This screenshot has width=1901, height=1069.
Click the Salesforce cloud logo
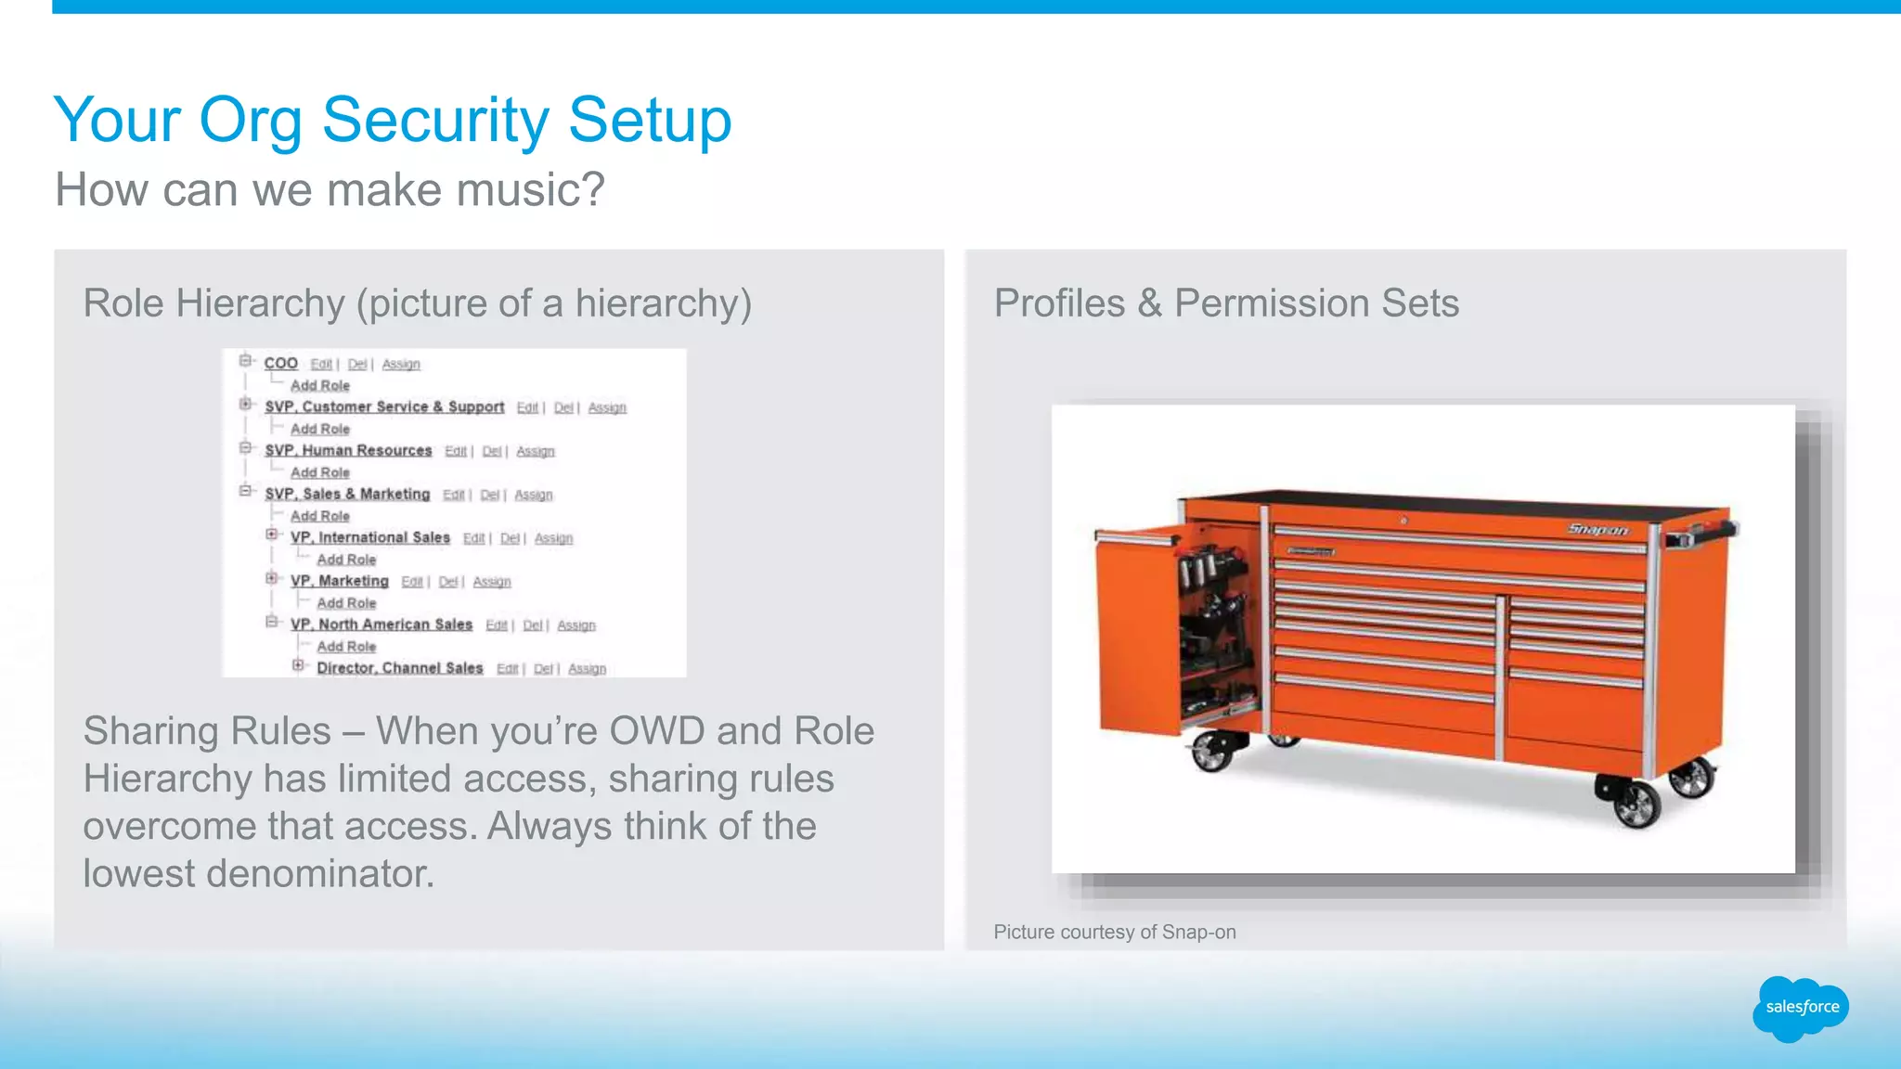coord(1801,1008)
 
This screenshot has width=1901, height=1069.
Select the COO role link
coord(280,363)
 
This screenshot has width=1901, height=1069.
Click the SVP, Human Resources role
coord(348,450)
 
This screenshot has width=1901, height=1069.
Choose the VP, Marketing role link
coord(339,581)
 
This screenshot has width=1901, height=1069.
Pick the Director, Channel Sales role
coord(399,668)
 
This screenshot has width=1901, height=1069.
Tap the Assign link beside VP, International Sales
coord(553,538)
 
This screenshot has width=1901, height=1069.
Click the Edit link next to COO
coord(321,364)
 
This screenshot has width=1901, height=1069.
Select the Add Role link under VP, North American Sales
coord(346,647)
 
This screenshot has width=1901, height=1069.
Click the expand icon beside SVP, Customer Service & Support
coord(245,404)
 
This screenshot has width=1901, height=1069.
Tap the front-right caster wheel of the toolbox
coord(1636,803)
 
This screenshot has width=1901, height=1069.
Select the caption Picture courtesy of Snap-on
coord(1114,932)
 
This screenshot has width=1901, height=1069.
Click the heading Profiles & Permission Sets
coord(1225,303)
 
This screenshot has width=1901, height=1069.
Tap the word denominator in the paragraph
coord(319,874)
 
